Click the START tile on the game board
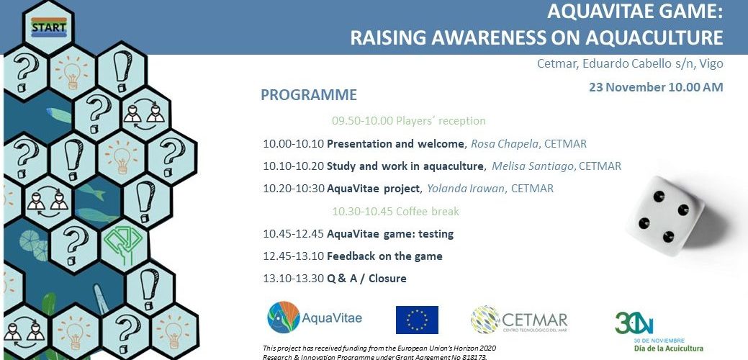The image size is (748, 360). tap(49, 27)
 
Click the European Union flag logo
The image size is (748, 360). tap(417, 320)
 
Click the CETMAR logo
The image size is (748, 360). tap(518, 320)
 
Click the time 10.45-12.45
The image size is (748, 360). tap(293, 234)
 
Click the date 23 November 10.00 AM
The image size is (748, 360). tap(655, 87)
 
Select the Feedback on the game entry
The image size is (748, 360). tap(384, 256)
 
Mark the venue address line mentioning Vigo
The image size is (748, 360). tap(630, 63)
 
